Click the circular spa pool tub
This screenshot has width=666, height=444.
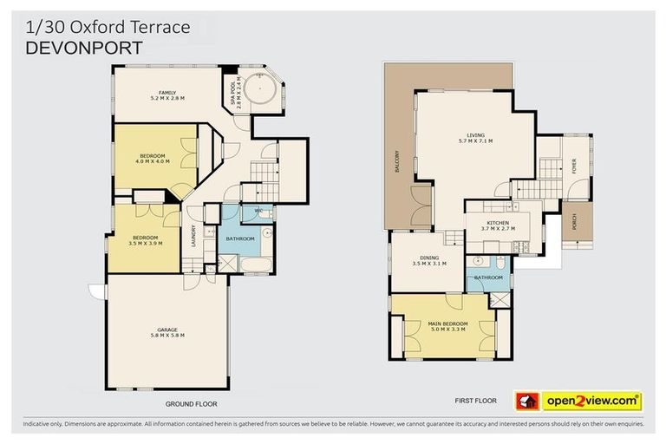pyautogui.click(x=260, y=91)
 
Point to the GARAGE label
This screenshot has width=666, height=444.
pyautogui.click(x=167, y=329)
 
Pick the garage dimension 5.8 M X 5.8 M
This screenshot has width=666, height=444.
pyautogui.click(x=167, y=336)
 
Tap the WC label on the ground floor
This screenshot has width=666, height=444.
pyautogui.click(x=258, y=210)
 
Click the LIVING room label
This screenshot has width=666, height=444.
pyautogui.click(x=475, y=134)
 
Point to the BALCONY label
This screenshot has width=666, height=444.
pyautogui.click(x=397, y=160)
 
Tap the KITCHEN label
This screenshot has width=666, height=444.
pyautogui.click(x=498, y=223)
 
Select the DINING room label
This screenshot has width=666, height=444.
pyautogui.click(x=430, y=257)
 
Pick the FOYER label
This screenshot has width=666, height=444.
pyautogui.click(x=573, y=165)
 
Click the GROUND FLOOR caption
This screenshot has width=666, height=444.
pyautogui.click(x=191, y=404)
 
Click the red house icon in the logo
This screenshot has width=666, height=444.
pyautogui.click(x=526, y=401)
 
